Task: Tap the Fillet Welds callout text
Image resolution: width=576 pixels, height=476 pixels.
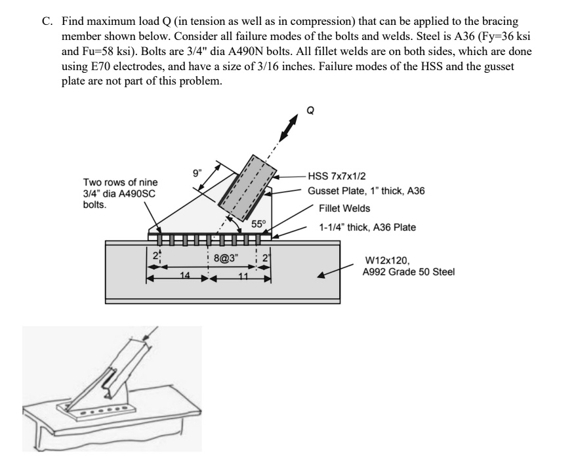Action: pos(344,208)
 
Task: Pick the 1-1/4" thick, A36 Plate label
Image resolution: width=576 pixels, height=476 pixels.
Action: pos(368,228)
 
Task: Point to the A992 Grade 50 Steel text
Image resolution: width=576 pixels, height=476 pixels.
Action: pos(408,272)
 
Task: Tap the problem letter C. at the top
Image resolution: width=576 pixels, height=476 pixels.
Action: pos(47,21)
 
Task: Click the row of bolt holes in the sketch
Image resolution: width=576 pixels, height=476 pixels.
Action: pos(105,414)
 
